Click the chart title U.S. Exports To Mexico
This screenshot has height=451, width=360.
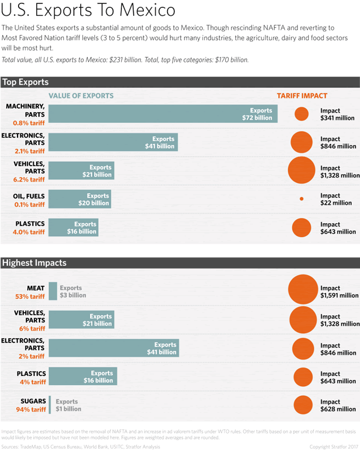click(x=89, y=11)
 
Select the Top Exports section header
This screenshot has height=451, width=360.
click(x=25, y=82)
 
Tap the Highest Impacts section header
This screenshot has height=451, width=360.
click(x=34, y=263)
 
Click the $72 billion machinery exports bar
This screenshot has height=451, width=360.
click(x=163, y=114)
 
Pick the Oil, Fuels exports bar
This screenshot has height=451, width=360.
click(x=80, y=199)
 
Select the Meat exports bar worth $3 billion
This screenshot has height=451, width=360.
click(x=52, y=291)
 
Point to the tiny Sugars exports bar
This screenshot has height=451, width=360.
click(x=50, y=405)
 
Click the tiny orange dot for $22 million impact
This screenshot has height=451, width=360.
click(x=301, y=199)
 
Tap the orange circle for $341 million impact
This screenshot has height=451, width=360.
click(x=301, y=114)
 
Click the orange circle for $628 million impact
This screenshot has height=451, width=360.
click(x=302, y=405)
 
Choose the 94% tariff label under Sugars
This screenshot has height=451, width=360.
click(x=30, y=410)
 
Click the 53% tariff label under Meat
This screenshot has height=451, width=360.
click(x=30, y=297)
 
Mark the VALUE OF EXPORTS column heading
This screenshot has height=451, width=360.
click(x=81, y=96)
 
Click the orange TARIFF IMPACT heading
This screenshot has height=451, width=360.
click(x=302, y=96)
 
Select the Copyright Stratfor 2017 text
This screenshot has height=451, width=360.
click(x=333, y=446)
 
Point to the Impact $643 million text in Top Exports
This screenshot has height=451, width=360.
click(x=338, y=228)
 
